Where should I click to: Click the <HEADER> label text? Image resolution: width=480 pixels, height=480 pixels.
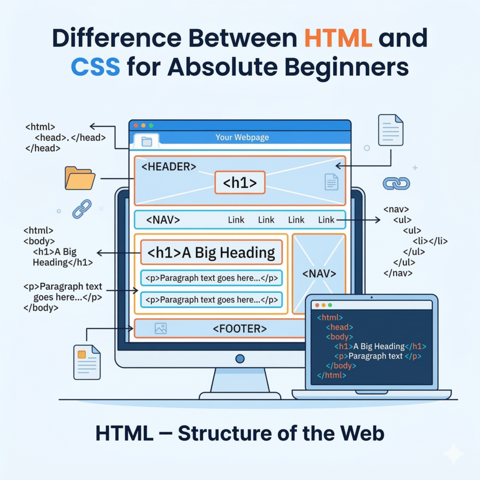pos(168,166)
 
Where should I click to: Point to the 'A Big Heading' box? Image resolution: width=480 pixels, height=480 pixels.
pos(211,253)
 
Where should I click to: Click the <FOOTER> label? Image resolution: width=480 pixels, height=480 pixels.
pos(240,329)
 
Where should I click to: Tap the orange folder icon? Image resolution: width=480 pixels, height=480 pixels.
pos(80,178)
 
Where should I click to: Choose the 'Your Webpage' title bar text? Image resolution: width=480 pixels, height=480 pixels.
pos(242,137)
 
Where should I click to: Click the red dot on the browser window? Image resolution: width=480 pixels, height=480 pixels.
pos(136,126)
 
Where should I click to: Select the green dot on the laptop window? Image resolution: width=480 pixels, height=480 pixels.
pos(330,305)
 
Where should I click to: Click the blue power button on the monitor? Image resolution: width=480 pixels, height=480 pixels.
pos(240,359)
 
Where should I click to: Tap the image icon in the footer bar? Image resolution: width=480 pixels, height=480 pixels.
pos(161,329)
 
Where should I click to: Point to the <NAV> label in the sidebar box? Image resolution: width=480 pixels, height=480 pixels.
pos(319,274)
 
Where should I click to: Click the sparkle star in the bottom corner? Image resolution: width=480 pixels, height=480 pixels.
pos(453,453)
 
